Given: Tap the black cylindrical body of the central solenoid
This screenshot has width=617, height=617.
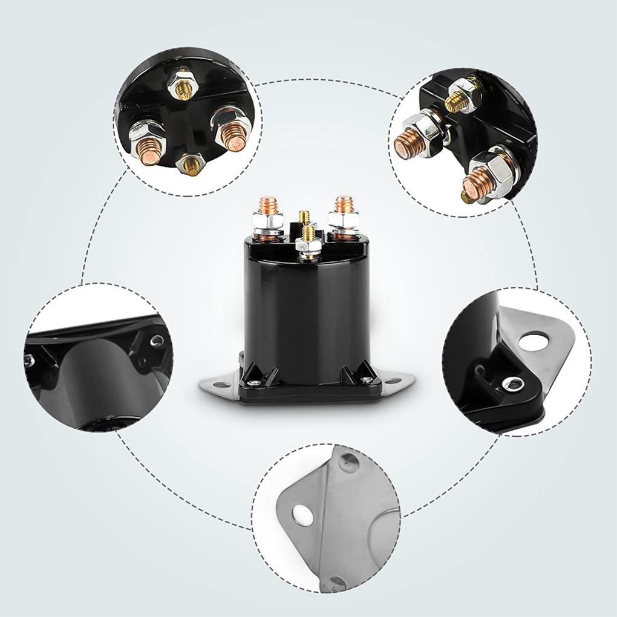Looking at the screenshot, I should pyautogui.click(x=307, y=308).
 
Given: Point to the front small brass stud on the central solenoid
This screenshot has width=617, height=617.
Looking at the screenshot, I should pyautogui.click(x=307, y=233).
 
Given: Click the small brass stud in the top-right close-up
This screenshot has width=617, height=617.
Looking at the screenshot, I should pyautogui.click(x=458, y=102).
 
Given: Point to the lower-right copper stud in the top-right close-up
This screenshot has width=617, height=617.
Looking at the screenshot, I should pyautogui.click(x=478, y=181).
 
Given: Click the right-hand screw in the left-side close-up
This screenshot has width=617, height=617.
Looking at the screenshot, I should pyautogui.click(x=157, y=340).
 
